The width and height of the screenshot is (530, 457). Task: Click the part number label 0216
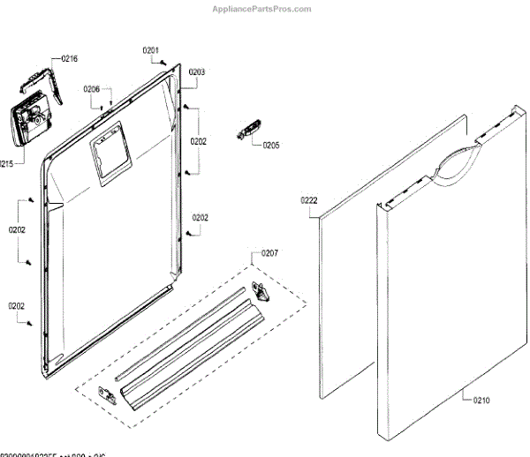tap(69, 59)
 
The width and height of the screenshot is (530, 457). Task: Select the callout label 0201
tap(151, 50)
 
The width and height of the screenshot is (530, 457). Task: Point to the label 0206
tap(92, 89)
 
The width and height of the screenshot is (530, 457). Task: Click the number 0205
tap(270, 146)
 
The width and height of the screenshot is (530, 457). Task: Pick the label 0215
tap(7, 163)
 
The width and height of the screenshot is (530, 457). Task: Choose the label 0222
tap(308, 200)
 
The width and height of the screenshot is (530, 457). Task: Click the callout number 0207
tap(269, 254)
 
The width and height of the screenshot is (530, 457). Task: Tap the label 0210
tap(481, 401)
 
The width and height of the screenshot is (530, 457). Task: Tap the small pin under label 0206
tap(104, 107)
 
